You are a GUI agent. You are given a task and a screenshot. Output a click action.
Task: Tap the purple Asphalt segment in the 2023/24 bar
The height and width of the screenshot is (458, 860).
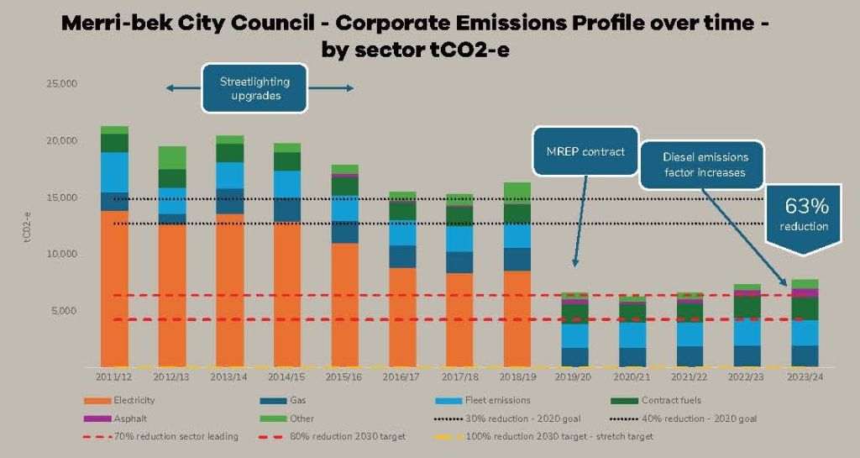(x=805, y=292)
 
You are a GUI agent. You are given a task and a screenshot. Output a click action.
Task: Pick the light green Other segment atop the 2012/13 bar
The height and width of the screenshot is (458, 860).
(x=172, y=157)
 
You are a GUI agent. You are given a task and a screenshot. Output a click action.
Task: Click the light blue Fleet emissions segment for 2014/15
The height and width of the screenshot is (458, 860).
(x=287, y=184)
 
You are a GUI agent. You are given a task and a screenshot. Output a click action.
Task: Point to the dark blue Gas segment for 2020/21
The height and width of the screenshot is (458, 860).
(x=632, y=357)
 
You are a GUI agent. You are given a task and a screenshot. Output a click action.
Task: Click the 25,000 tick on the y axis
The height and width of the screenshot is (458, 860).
(x=62, y=84)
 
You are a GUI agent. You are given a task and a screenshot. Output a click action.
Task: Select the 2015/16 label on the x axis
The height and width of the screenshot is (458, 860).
(x=344, y=379)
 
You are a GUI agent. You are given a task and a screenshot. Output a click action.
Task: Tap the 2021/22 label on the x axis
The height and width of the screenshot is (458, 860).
(x=690, y=379)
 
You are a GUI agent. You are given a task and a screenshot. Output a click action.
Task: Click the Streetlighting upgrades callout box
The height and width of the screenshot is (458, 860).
(x=254, y=89)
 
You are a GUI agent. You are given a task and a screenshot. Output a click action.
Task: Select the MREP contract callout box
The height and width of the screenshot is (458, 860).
(x=585, y=152)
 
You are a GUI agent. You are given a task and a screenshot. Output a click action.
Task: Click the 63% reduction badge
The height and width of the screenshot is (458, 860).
(x=807, y=213)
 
